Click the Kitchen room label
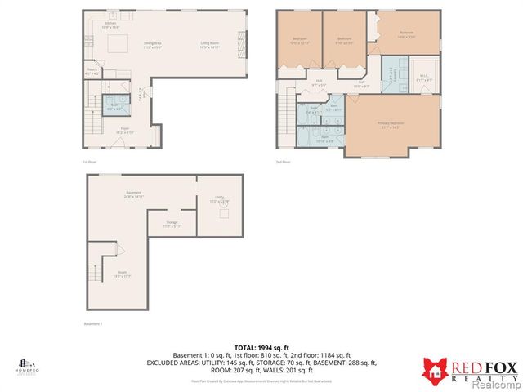pyautogui.click(x=110, y=25)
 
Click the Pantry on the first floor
pyautogui.click(x=93, y=72)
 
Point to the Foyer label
pyautogui.click(x=125, y=130)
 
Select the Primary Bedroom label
pyautogui.click(x=392, y=125)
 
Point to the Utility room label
pyautogui.click(x=219, y=198)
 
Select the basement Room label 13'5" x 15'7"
pyautogui.click(x=122, y=274)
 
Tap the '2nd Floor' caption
pyautogui.click(x=284, y=162)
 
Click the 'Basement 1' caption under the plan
pyautogui.click(x=94, y=324)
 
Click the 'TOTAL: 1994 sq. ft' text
pyautogui.click(x=261, y=348)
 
